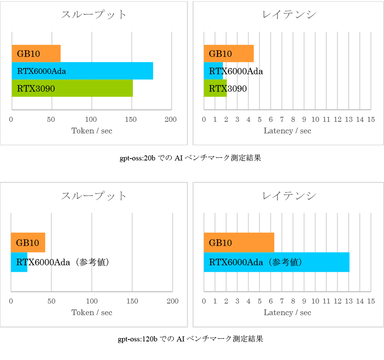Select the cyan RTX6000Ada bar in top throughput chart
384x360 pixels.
108,71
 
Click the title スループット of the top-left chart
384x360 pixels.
94,15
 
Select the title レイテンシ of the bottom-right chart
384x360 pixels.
289,196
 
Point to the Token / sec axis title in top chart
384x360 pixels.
92,131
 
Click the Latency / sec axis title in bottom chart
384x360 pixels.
287,312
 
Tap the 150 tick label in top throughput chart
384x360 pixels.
131,119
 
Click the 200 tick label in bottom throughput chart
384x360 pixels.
172,301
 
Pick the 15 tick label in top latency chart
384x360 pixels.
371,119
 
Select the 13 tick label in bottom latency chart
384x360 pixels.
348,301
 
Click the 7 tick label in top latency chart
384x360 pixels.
282,119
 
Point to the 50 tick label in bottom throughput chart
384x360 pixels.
51,301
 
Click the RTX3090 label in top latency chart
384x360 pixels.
228,89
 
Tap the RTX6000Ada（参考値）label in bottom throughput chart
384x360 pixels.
63,262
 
